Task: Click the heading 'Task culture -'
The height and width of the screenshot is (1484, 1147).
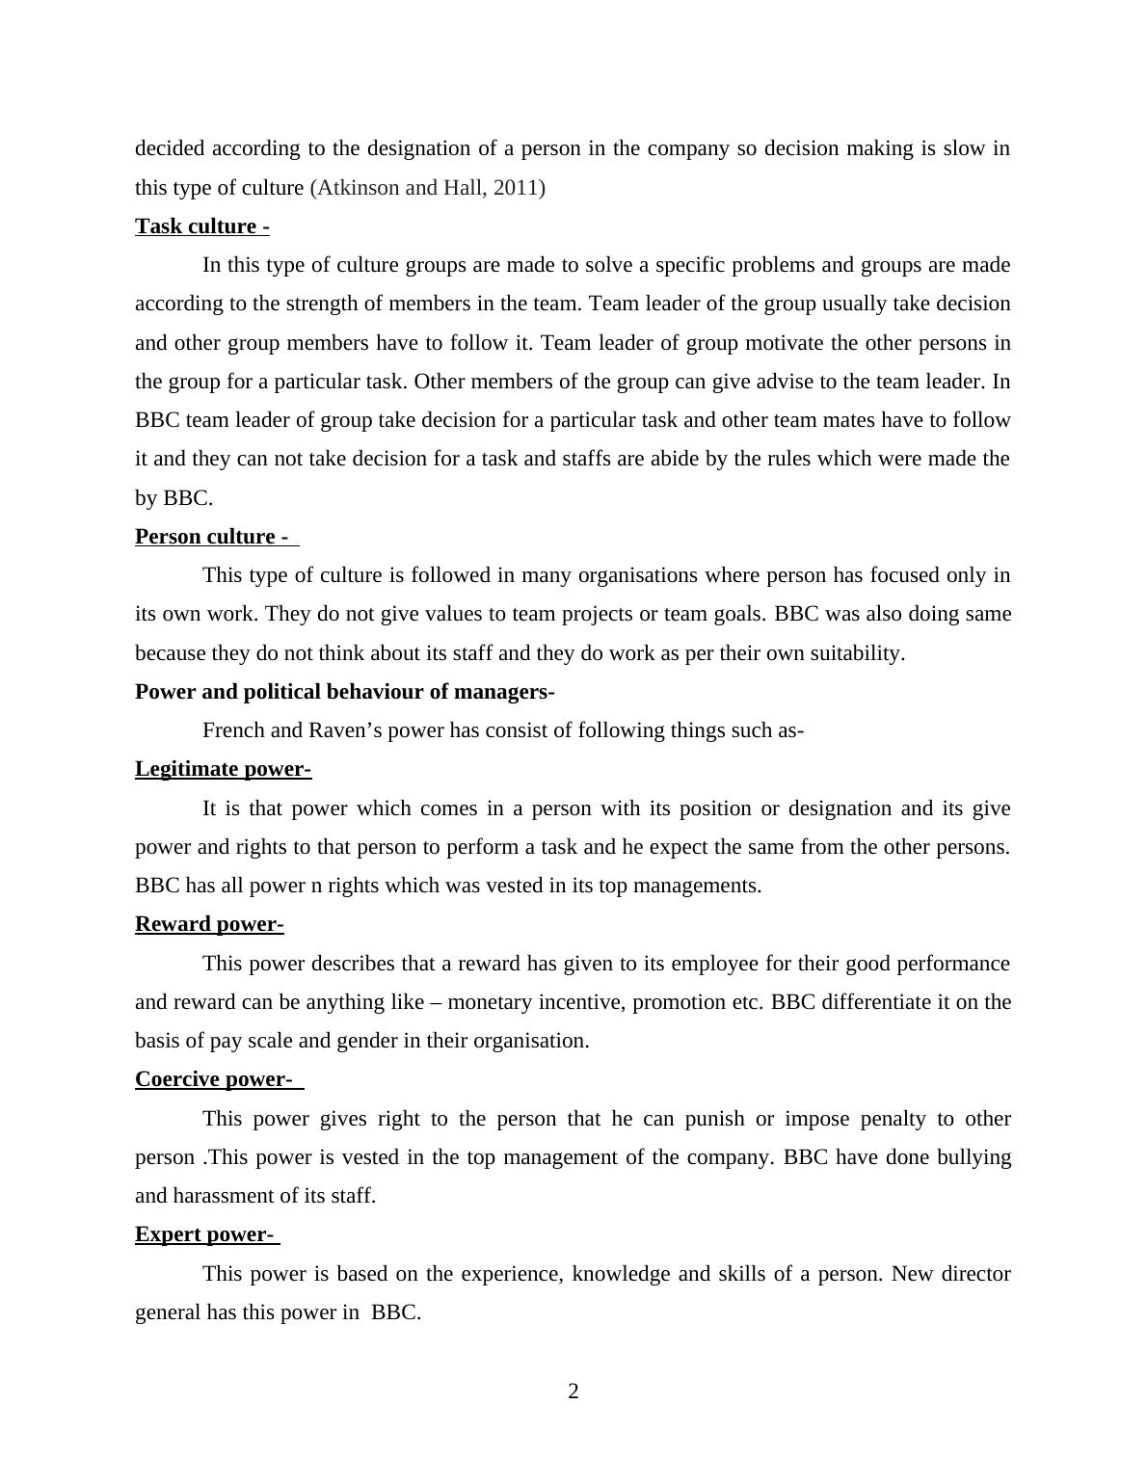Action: pyautogui.click(x=201, y=226)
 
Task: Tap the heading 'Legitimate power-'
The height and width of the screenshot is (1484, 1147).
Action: pyautogui.click(x=223, y=769)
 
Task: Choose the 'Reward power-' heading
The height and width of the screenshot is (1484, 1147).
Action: pyautogui.click(x=209, y=924)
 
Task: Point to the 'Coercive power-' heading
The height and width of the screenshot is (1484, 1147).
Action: pyautogui.click(x=213, y=1079)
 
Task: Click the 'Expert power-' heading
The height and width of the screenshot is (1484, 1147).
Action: pyautogui.click(x=204, y=1234)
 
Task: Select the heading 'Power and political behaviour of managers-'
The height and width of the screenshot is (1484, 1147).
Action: pyautogui.click(x=344, y=692)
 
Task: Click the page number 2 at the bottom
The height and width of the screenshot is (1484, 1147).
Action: pyautogui.click(x=573, y=1391)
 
